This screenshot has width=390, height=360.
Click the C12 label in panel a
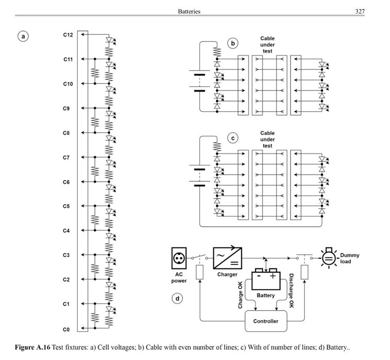coord(68,35)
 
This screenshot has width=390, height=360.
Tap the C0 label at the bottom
coord(66,330)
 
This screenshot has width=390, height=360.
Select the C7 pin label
coord(66,158)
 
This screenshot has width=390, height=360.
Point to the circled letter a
coord(23,36)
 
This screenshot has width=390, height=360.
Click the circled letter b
coord(233,43)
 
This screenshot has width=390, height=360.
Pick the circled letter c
coord(233,138)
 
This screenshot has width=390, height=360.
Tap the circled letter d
coord(177,298)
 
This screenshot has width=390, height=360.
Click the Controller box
coord(266,321)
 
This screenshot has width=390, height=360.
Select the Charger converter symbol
coord(228,258)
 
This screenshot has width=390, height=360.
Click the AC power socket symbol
coord(179,258)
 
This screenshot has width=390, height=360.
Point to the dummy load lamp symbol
coord(329,258)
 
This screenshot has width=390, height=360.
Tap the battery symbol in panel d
coord(266,279)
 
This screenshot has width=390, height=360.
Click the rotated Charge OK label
coord(240,295)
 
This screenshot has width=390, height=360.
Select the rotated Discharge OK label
coord(291,291)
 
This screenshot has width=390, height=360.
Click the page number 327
coord(360,11)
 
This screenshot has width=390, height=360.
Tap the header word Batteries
coord(189,11)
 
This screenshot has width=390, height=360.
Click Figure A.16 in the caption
coord(32,347)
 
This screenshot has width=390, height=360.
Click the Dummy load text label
coord(350,258)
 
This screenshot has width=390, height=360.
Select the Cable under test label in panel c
coord(267,139)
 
